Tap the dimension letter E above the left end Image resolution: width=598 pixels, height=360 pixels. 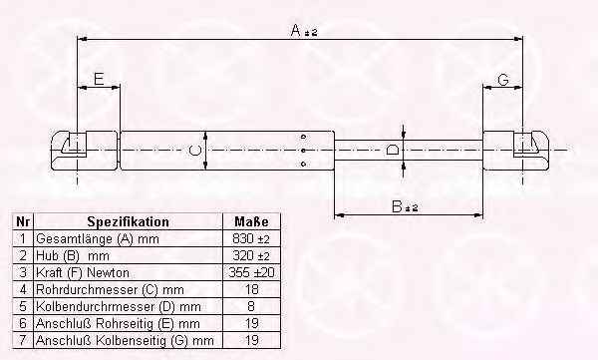[99, 79]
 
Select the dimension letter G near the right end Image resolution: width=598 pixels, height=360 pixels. [503, 80]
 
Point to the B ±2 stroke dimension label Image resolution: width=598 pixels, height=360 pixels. [405, 206]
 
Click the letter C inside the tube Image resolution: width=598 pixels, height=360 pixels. [195, 150]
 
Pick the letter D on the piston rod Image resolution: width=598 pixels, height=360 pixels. [393, 150]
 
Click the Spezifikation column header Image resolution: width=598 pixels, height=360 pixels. [129, 221]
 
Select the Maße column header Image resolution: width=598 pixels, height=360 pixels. [251, 221]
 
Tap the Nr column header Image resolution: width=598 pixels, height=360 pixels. [23, 221]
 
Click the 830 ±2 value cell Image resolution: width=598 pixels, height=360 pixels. [251, 239]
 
